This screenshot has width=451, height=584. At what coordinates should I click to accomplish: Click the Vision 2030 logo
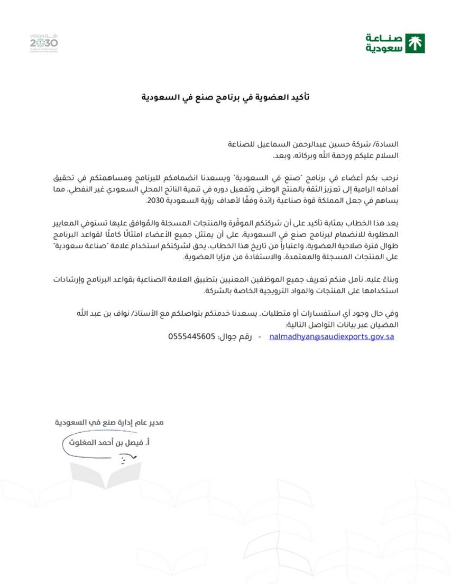pos(44,42)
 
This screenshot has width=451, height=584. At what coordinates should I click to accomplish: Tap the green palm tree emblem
pos(416,43)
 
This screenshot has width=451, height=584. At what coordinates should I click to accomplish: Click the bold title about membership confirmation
pos(225,97)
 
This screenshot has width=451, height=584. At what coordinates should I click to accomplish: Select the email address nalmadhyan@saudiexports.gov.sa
pos(332,336)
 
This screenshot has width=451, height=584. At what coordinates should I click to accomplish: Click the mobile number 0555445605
pos(192,336)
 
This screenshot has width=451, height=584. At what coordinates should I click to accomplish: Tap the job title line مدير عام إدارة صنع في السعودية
pos(109,423)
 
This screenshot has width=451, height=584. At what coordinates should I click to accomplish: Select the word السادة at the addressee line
pos(388,144)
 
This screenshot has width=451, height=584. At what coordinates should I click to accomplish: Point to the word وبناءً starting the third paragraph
pos(388,279)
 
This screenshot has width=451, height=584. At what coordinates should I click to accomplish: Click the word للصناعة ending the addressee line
pos(241,144)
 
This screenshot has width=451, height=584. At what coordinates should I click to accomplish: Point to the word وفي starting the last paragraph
pos(392,313)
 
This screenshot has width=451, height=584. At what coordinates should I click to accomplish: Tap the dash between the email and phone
pos(260,336)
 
